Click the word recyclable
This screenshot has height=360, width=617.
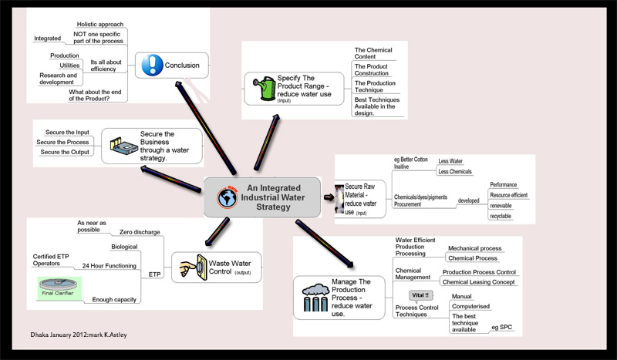[x=501, y=216]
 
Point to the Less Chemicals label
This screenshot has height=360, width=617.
[x=454, y=171]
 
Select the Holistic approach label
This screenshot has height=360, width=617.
[x=100, y=24]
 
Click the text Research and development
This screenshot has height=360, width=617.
[x=59, y=79]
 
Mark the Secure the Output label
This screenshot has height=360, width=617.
[x=64, y=152]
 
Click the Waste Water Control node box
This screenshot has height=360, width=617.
[x=216, y=267]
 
